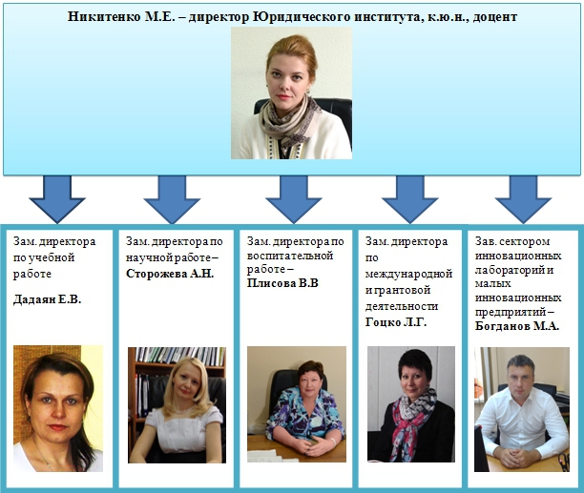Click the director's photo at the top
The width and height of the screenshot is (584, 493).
coord(291,92)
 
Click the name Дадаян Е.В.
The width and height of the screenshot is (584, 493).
coord(47,299)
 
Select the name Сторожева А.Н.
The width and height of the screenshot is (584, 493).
coord(170,274)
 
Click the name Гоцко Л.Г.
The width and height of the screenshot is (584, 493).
coord(395,322)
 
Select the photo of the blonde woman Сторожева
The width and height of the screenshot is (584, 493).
coord(177,404)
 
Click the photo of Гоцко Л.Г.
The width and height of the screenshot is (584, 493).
coord(410,404)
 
